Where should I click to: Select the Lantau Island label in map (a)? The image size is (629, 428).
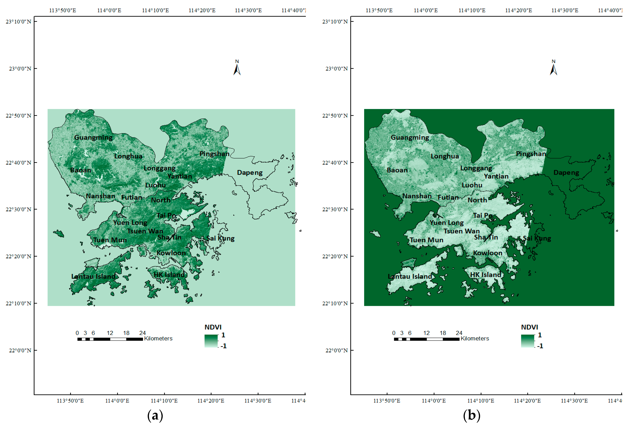[93, 276]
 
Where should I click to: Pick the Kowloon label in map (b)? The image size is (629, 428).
[487, 253]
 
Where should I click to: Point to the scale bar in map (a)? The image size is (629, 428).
[110, 339]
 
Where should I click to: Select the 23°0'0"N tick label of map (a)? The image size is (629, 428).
[20, 69]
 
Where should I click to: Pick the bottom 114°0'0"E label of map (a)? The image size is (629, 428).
[117, 401]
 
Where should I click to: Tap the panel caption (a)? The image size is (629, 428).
[155, 415]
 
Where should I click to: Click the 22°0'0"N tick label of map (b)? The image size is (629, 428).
[336, 350]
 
